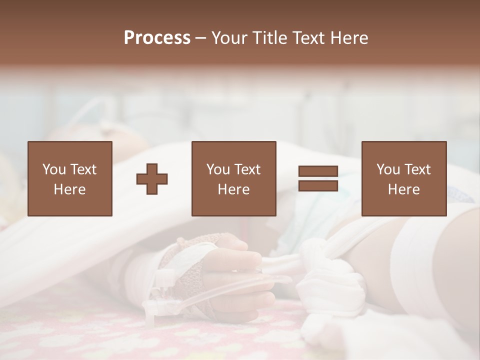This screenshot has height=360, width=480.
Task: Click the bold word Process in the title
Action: point(157,37)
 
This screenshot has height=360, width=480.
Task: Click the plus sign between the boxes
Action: point(152,178)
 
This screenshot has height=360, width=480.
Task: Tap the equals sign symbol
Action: point(318,178)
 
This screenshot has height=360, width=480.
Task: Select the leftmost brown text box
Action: point(70,178)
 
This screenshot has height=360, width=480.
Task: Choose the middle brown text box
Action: point(233,178)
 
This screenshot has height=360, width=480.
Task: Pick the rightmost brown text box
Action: point(403,178)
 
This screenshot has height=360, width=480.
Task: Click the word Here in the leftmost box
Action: point(70,189)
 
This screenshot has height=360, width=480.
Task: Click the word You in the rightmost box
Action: point(388,169)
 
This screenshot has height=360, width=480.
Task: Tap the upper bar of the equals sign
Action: point(318,171)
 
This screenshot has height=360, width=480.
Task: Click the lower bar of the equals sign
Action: point(318,185)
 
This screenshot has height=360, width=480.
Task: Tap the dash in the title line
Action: point(200,37)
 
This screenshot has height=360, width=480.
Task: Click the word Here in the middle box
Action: point(233,189)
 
